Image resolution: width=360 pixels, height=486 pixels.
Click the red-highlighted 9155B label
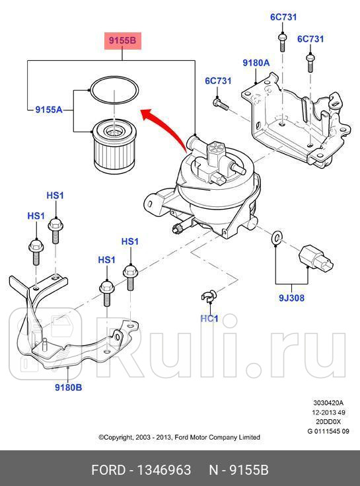coord(122,41)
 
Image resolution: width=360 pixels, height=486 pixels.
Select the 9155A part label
coord(49,110)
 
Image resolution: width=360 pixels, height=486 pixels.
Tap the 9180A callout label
coord(256,63)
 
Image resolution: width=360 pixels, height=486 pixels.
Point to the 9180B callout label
coord(68,387)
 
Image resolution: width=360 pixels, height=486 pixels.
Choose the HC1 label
coord(209,319)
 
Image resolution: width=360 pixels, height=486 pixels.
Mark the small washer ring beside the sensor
coord(276,237)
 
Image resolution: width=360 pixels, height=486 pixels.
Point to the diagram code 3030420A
coord(328,403)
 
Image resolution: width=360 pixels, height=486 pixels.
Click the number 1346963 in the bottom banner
coord(162,470)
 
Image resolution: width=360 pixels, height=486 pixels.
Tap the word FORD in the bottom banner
coord(109,470)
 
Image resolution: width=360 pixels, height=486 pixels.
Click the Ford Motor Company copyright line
coord(179,437)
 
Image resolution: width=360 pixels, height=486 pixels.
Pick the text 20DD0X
coord(328,421)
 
